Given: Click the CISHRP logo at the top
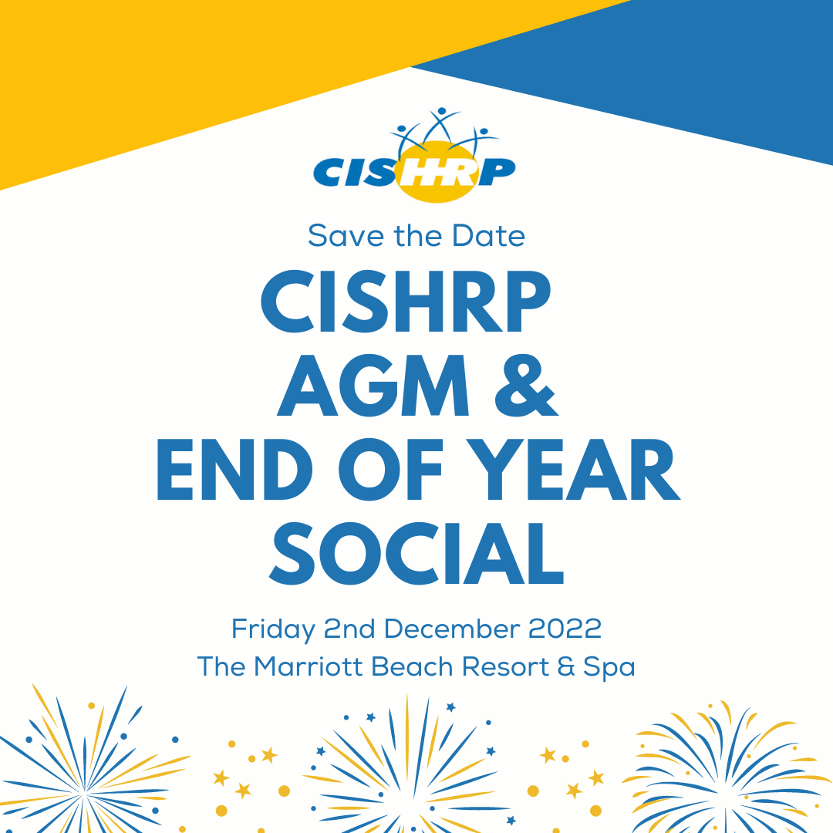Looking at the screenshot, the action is click(414, 155).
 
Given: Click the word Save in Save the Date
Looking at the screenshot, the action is click(346, 236).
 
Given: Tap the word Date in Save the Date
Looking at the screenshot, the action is click(488, 236).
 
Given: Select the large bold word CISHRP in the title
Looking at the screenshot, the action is click(406, 302).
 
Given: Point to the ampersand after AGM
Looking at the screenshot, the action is click(526, 385).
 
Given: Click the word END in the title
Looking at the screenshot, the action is click(234, 469).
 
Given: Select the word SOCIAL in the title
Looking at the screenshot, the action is click(416, 553).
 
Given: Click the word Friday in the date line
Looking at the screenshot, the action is click(274, 630).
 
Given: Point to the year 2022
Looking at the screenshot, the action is click(565, 629).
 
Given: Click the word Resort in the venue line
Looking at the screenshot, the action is click(505, 667).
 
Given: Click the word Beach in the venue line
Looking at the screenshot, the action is click(412, 667).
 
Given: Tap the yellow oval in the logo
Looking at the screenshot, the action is click(436, 171).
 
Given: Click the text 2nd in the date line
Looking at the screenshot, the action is click(349, 629).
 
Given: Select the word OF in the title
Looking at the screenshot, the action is click(390, 469).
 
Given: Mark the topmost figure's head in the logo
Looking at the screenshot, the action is click(441, 111).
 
